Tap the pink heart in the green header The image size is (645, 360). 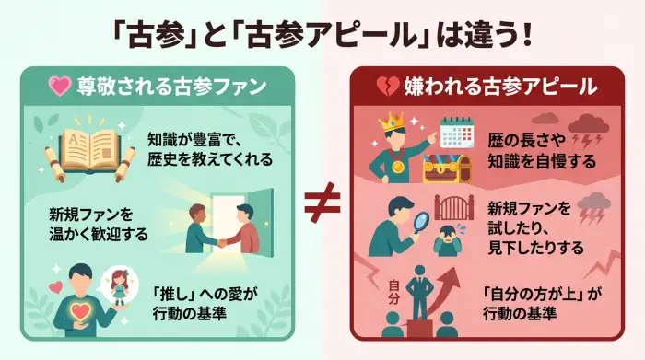(61, 87)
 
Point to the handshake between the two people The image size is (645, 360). (221, 241)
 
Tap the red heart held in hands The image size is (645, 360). (80, 310)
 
